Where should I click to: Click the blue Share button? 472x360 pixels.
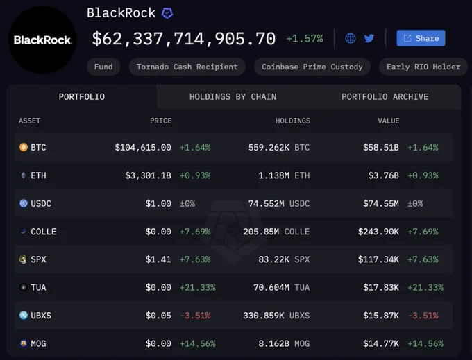[x=421, y=38]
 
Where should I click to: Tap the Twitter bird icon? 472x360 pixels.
[x=369, y=38]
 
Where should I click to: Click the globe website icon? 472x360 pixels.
[x=351, y=38]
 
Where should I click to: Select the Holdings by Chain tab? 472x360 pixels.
[x=233, y=97]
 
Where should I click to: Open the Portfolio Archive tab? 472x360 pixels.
[x=385, y=97]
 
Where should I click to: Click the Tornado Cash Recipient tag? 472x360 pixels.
[x=187, y=67]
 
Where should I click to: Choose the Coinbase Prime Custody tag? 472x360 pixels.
[x=312, y=67]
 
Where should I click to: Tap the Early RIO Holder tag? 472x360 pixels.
[x=423, y=67]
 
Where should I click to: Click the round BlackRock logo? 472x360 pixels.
[x=42, y=40]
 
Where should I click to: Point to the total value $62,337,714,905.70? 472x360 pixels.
[x=184, y=39]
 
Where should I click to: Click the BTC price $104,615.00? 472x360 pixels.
[x=143, y=147]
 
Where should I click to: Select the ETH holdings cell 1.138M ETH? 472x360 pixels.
[x=284, y=175]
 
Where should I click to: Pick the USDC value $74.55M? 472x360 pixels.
[x=381, y=204]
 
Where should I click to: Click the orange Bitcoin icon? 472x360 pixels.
[x=24, y=147]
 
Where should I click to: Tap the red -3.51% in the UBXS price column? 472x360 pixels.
[x=195, y=316]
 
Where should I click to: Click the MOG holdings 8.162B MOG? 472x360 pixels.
[x=284, y=343]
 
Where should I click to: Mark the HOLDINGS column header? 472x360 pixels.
[x=293, y=121]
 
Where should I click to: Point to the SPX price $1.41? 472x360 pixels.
[x=158, y=259]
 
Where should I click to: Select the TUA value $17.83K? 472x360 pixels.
[x=381, y=288]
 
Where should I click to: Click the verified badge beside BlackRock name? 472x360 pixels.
[x=167, y=13]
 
